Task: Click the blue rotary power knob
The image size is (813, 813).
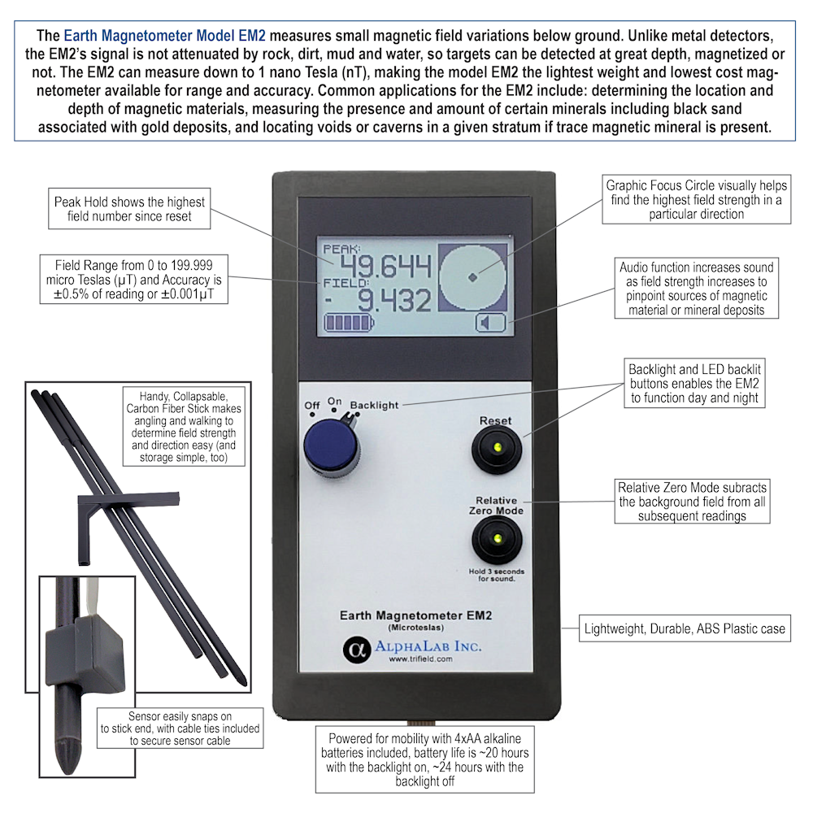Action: (x=331, y=446)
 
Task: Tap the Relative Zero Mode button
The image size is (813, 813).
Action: (x=497, y=540)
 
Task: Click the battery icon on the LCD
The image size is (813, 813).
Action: (x=349, y=323)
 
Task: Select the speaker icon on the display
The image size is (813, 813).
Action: (x=490, y=323)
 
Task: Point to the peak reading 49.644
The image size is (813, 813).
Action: (x=385, y=267)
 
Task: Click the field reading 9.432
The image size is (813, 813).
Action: (x=394, y=300)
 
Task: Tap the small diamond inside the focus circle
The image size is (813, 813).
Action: (x=472, y=277)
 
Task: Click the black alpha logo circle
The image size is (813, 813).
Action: (x=357, y=649)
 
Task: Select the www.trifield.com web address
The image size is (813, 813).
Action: (x=420, y=659)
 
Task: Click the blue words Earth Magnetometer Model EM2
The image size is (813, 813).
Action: (x=164, y=35)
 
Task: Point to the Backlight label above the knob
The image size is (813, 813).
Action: (x=374, y=405)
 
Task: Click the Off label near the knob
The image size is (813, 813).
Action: (x=312, y=405)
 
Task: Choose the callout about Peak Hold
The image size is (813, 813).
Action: (x=129, y=208)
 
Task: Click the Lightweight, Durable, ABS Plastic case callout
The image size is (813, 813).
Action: (x=685, y=628)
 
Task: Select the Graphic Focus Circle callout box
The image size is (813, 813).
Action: (x=697, y=200)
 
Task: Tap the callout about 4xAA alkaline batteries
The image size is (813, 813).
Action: (x=424, y=759)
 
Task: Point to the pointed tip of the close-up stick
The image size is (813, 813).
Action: (x=68, y=772)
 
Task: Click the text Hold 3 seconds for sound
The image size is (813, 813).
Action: (x=497, y=575)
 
